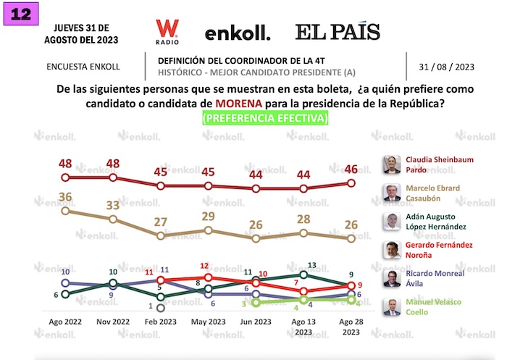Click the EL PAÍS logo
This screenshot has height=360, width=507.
[x=337, y=32]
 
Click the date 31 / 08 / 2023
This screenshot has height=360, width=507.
[x=446, y=67]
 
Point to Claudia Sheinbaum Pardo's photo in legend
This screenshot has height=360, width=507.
[x=391, y=165]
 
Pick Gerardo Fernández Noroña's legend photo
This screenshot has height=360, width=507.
[x=391, y=250]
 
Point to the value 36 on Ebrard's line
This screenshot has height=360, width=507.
[x=65, y=196]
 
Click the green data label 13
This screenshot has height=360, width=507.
[x=314, y=267]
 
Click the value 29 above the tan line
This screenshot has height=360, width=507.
[x=208, y=217]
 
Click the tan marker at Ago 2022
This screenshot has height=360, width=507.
[x=65, y=211]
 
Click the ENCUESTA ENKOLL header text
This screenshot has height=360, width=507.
[x=83, y=67]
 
